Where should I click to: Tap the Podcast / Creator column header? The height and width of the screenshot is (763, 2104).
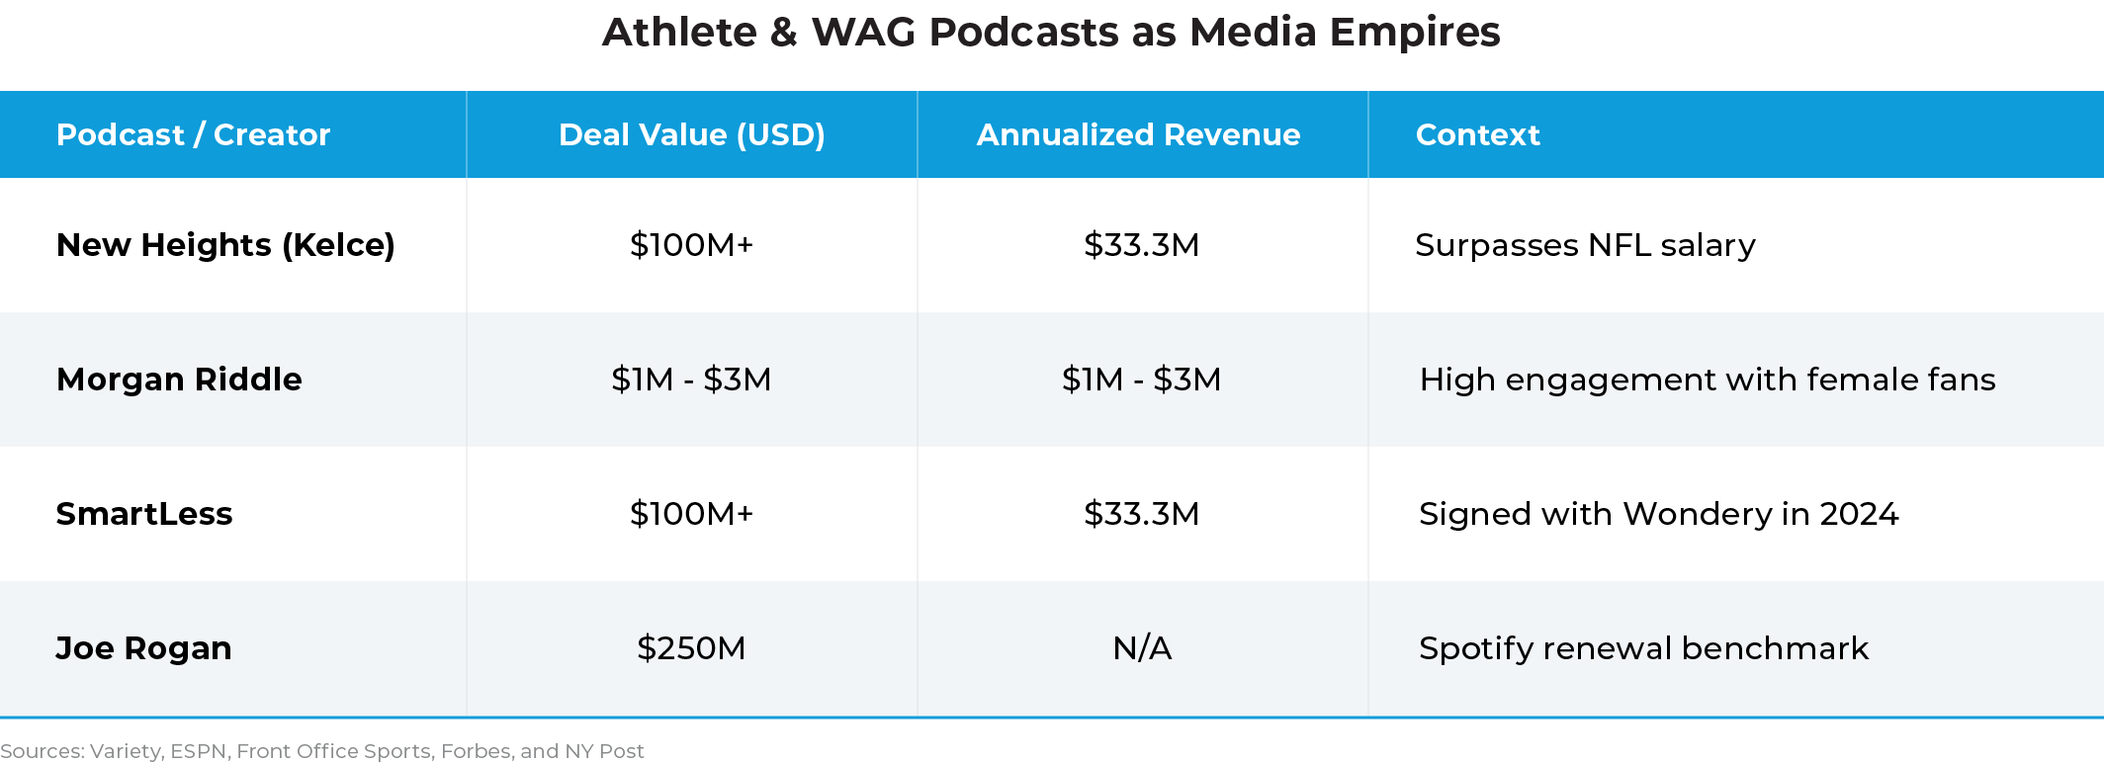(193, 134)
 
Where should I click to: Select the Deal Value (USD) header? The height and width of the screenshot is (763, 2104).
(691, 134)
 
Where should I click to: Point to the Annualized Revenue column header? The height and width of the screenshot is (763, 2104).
(1138, 134)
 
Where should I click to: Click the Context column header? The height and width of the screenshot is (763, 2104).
(1477, 134)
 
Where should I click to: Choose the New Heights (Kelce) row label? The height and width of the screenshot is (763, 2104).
(225, 245)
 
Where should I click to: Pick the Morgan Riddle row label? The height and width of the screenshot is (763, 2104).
(179, 380)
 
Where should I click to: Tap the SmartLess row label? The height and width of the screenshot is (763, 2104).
(144, 514)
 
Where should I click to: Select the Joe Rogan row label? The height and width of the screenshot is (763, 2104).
(143, 648)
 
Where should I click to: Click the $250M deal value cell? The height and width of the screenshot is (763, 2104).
(691, 648)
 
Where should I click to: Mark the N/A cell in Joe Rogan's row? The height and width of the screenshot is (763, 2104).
(1142, 648)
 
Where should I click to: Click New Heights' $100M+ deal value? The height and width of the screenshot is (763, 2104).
(691, 245)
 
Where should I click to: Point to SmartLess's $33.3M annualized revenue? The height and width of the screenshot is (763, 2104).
(1142, 514)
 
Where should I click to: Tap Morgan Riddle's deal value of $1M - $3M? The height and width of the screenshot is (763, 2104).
(691, 380)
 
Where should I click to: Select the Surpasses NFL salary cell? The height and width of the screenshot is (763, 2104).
(1585, 245)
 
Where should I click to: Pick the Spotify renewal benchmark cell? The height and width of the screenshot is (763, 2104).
(1643, 648)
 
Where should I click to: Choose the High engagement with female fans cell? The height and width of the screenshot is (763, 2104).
(1708, 380)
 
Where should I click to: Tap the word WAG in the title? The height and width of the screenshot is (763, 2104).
(863, 33)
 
